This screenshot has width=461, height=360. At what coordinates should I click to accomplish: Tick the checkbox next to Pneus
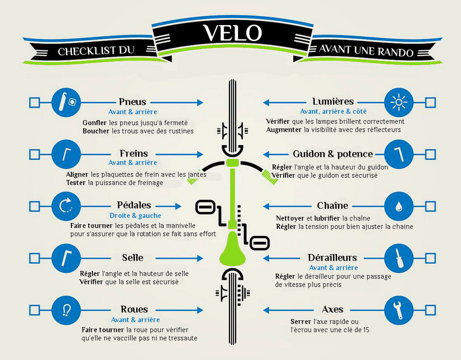point(35,102)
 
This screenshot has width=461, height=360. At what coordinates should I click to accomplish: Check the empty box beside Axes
point(431,310)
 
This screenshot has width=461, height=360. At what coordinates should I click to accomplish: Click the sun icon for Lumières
point(398,102)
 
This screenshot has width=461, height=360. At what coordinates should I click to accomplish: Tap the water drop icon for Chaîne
point(398,207)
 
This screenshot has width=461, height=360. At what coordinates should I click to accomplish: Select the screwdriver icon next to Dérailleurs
point(398,258)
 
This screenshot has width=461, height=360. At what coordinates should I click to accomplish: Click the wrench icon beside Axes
point(398,310)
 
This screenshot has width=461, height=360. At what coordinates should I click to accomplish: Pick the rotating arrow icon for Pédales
point(66,206)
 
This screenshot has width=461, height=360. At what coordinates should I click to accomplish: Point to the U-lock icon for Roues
point(66,310)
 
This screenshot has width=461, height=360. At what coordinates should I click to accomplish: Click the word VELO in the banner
point(232,33)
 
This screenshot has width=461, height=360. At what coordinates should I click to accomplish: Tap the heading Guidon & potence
point(333,154)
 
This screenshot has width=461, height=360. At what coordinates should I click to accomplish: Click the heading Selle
point(133,258)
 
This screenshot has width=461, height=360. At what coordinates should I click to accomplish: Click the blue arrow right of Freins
point(180,154)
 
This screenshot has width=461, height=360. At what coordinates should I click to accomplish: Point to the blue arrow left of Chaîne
point(287,207)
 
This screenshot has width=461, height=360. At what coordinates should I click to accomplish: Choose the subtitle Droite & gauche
point(135,215)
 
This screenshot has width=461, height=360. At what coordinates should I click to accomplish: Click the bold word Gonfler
point(94,123)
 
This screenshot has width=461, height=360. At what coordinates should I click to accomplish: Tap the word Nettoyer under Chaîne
point(290,218)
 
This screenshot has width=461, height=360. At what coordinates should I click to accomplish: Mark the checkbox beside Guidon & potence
point(431,155)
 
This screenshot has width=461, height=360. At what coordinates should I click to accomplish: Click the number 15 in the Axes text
point(366,330)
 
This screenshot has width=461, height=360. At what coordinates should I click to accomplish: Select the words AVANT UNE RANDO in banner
point(366,50)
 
